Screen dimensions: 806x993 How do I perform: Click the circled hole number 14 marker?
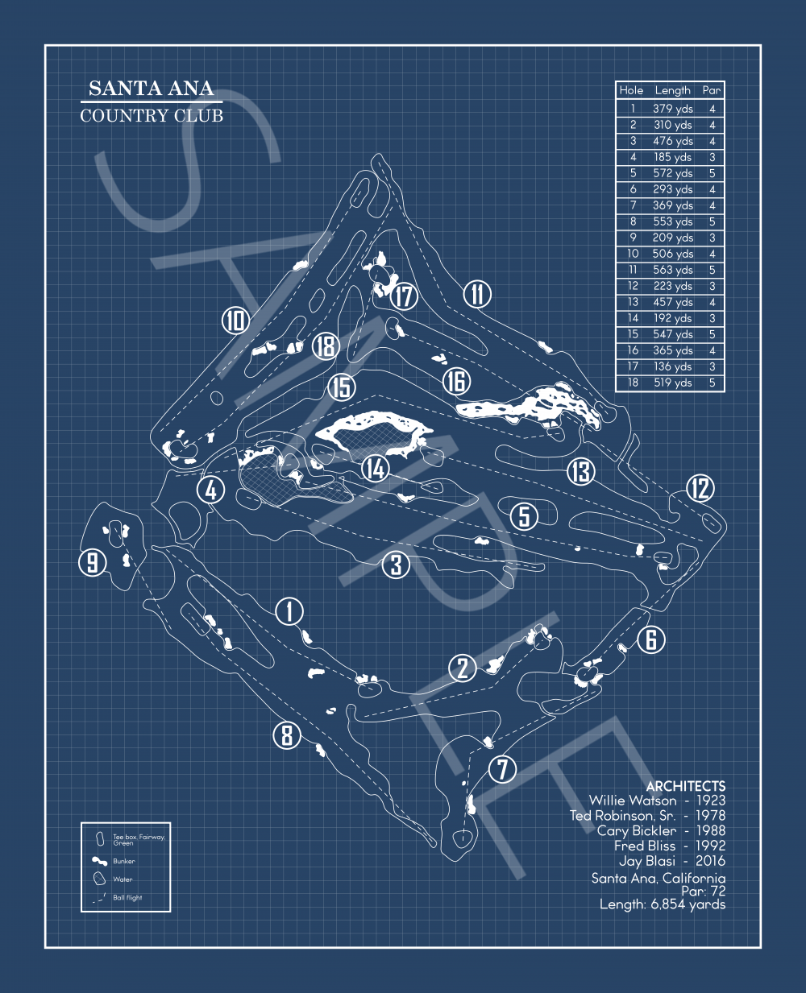click(x=376, y=469)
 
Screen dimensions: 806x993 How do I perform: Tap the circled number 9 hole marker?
click(x=93, y=562)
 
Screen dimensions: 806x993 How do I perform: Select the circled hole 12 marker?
click(x=700, y=489)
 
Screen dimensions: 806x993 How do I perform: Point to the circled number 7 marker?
click(x=502, y=769)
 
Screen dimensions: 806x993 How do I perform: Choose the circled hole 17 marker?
click(x=404, y=296)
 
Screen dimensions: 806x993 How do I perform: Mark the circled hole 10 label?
click(x=235, y=321)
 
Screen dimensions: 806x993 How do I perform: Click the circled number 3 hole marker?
click(x=396, y=565)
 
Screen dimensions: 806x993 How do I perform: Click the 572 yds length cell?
click(x=672, y=173)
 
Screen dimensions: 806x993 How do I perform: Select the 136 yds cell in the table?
click(x=672, y=366)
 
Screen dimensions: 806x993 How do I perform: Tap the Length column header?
click(x=672, y=90)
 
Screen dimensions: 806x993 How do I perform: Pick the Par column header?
click(x=712, y=90)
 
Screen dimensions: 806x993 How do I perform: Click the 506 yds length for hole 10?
click(x=672, y=254)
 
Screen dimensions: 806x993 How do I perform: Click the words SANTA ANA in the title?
click(x=152, y=88)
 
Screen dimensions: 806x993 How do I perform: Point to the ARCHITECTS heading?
click(x=686, y=787)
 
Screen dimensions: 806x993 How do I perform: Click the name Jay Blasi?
click(x=647, y=861)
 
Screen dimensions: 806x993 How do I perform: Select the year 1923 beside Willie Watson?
click(x=711, y=801)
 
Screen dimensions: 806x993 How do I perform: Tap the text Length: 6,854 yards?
click(x=663, y=904)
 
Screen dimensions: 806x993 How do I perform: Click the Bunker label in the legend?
click(x=123, y=861)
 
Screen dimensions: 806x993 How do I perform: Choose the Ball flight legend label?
click(x=127, y=897)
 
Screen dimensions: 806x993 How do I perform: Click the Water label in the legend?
click(x=123, y=879)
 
